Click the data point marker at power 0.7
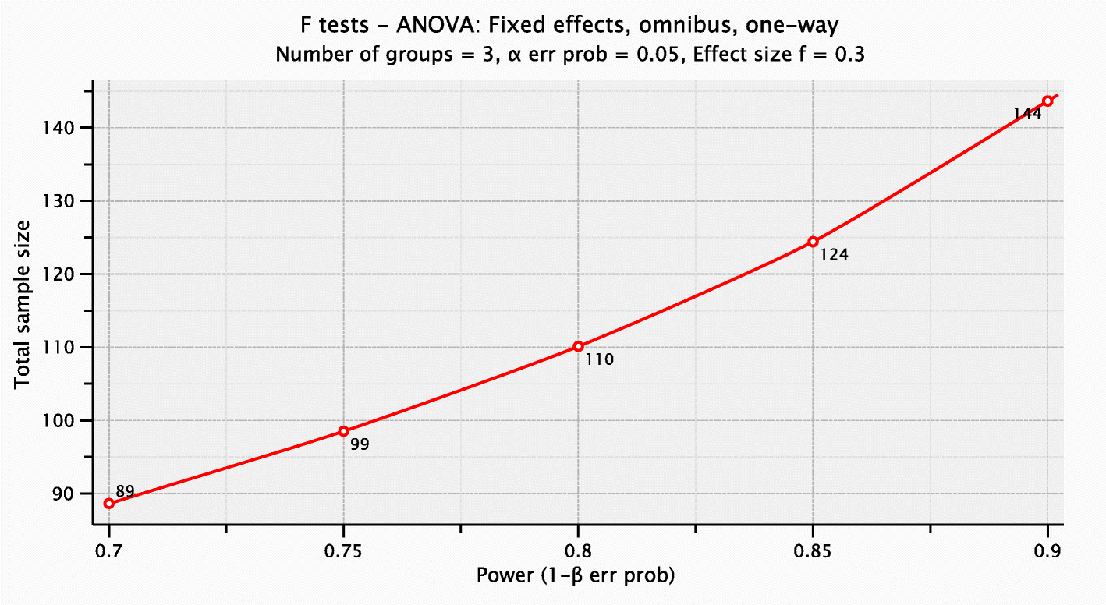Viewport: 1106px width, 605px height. coord(109,504)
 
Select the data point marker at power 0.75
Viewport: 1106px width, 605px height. coord(344,431)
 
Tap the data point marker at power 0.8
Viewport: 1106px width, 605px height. coord(578,346)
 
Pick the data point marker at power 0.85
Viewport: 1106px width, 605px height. coord(813,242)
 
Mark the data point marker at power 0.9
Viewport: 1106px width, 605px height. coord(1048,101)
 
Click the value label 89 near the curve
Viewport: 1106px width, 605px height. coord(125,492)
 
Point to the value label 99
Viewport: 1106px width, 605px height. coord(360,445)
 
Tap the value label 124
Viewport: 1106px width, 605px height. coord(834,254)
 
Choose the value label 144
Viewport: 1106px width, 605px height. coord(1027,115)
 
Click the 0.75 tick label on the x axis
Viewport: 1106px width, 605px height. coord(343,550)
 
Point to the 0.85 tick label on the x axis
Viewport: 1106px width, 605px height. coord(813,550)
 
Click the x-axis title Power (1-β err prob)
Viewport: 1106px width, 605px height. coord(576,577)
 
